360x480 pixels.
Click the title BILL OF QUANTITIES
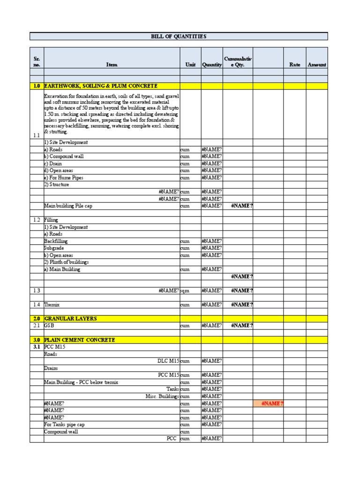[x=179, y=37]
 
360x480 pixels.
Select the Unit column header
[x=190, y=65]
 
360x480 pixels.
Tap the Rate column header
[x=294, y=65]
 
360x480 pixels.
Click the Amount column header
[x=317, y=65]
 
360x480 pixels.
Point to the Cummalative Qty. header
[x=238, y=62]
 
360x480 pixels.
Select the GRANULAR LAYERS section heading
[x=71, y=319]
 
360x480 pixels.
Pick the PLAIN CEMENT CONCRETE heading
[x=80, y=340]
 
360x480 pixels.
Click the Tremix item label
[x=52, y=305]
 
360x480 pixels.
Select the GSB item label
[x=49, y=326]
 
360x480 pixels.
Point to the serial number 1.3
[x=37, y=291]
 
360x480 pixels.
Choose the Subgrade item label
[x=55, y=248]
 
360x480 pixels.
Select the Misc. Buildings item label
[x=162, y=397]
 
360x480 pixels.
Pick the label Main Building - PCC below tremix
[x=81, y=382]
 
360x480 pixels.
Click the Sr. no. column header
[x=37, y=62]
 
